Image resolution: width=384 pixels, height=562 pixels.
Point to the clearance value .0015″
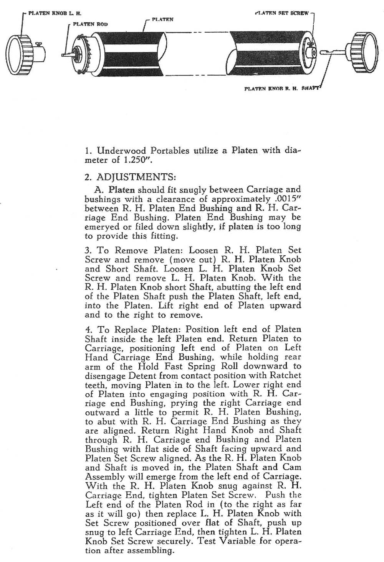[x=285, y=199]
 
